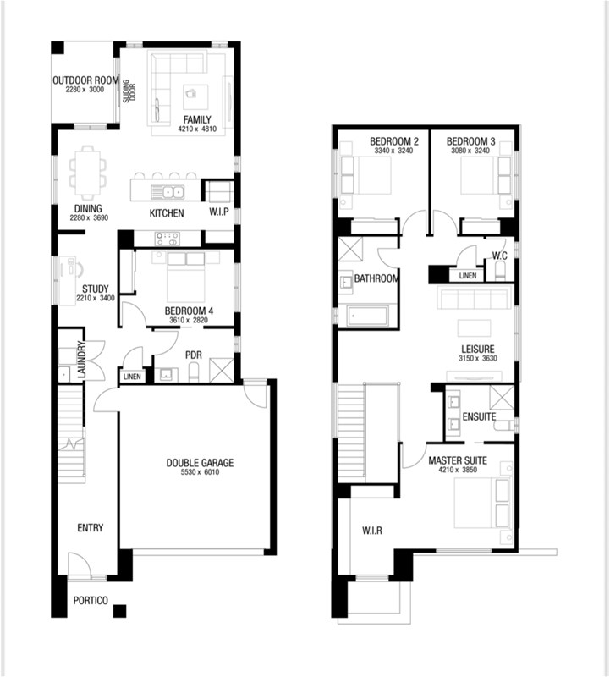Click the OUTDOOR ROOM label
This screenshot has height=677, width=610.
pos(85,80)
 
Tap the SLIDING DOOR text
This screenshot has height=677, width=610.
pos(129,91)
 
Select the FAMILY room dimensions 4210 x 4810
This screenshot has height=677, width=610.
pos(197,129)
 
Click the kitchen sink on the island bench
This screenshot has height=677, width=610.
pos(168,192)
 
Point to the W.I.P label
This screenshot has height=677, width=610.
pos(219,212)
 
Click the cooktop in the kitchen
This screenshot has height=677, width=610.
pos(167,239)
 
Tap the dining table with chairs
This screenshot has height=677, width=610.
pos(88,173)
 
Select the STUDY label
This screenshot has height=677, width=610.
pos(96,289)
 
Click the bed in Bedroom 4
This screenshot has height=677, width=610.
pos(186,277)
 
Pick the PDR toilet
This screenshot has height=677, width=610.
pos(194,372)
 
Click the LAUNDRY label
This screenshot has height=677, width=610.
pos(82,361)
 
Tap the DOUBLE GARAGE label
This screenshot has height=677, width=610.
pos(200,463)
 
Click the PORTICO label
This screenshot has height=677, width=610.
pos(91,601)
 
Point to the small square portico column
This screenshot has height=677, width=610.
pos(119,611)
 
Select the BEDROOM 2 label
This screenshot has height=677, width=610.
pos(394,141)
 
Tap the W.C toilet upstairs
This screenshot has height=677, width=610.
pos(500,272)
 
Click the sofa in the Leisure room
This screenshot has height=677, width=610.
pos(474,299)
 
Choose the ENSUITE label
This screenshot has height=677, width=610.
pos(479,416)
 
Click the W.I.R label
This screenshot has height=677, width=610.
pos(372,531)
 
